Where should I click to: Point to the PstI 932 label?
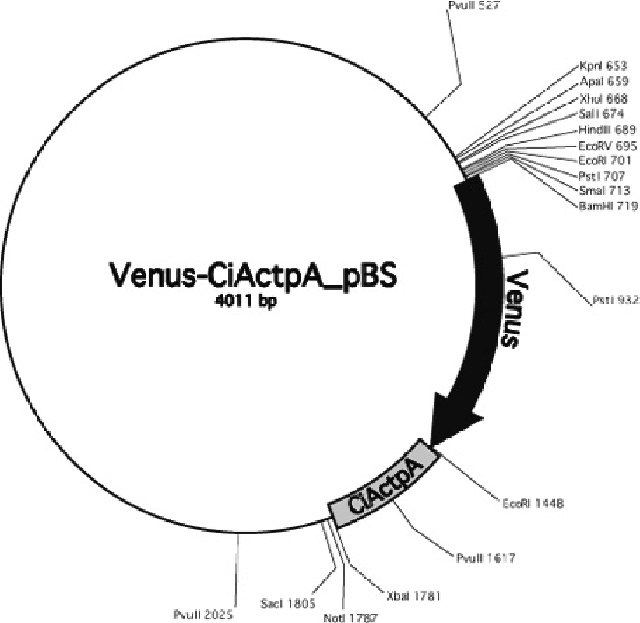point(614,299)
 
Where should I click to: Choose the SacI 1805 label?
point(289,602)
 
